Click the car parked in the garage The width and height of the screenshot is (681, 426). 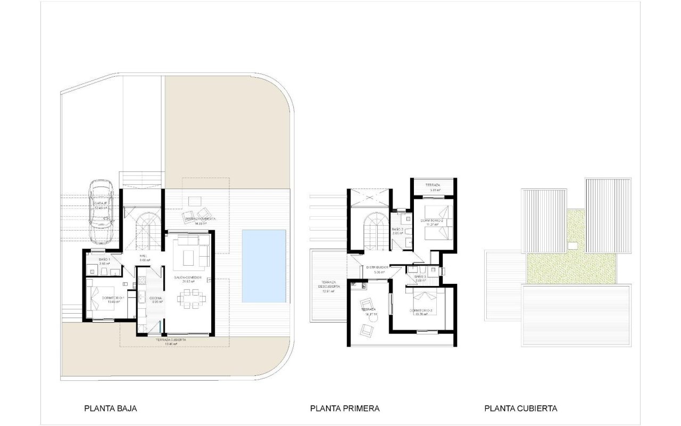click(101, 210)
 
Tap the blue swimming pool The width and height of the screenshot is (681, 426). click(263, 266)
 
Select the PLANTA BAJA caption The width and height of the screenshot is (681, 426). click(111, 408)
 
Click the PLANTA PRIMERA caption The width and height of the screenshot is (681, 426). click(345, 408)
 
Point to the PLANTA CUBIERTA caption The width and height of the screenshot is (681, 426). click(520, 408)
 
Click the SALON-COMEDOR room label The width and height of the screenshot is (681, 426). click(187, 278)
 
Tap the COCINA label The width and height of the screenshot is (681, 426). click(156, 298)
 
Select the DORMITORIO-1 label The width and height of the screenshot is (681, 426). click(113, 298)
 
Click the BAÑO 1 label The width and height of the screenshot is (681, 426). click(104, 259)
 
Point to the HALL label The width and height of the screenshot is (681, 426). click(144, 256)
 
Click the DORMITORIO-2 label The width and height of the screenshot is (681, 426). click(431, 220)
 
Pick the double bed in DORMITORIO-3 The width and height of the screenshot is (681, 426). click(423, 302)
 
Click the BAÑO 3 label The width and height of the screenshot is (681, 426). click(421, 277)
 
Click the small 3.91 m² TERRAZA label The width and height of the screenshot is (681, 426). click(433, 185)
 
